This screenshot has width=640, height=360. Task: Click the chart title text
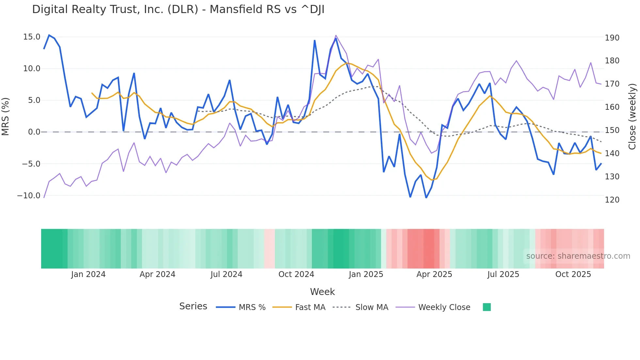point(178,9)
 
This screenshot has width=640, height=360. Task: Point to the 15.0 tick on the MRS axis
point(32,37)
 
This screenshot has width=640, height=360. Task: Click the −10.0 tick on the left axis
point(29,196)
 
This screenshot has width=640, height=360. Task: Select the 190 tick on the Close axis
point(612,38)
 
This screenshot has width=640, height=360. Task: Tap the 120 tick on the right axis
point(612,200)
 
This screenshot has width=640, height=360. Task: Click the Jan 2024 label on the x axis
point(88,274)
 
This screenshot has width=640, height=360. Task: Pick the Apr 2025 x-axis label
point(434,274)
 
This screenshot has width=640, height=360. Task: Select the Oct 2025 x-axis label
point(573,274)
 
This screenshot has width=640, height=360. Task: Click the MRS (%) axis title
point(6,117)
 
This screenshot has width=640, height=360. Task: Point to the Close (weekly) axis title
point(632,117)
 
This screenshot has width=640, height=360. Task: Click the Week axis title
point(322,292)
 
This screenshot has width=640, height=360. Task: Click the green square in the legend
point(487,307)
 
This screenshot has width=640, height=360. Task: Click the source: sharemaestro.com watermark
point(578,256)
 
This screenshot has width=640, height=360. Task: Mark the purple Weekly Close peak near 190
point(336,36)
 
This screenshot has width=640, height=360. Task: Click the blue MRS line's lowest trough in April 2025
point(426,198)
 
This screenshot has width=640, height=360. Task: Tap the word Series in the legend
point(193,306)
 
